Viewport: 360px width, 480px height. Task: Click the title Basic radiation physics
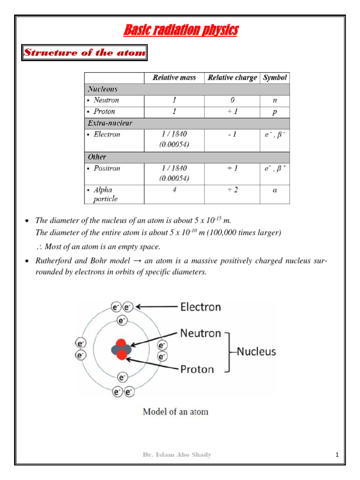[180, 31]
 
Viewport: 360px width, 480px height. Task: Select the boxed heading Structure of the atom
[85, 52]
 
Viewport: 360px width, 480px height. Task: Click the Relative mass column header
[174, 78]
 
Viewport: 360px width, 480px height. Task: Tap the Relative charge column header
[232, 78]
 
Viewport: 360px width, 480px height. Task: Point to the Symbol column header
[275, 78]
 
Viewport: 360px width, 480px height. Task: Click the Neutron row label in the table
[106, 100]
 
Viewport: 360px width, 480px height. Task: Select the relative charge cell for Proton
[232, 112]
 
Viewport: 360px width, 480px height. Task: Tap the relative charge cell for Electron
[232, 135]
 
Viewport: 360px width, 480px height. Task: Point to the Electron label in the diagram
[201, 307]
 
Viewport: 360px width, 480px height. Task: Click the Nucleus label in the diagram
[256, 351]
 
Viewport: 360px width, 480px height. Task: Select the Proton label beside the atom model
[197, 369]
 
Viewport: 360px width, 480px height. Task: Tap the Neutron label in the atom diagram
[201, 334]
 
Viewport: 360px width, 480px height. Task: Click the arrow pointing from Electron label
[156, 307]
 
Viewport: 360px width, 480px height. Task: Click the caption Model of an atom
[175, 412]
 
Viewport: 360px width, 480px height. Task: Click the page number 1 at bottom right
[337, 455]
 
